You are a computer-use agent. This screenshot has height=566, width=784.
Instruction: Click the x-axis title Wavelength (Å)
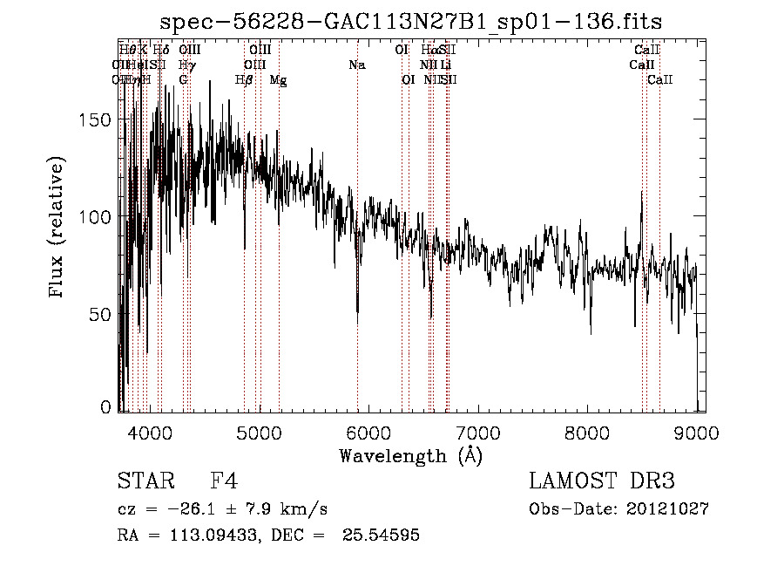(x=410, y=455)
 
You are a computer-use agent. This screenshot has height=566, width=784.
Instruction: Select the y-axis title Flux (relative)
(x=57, y=228)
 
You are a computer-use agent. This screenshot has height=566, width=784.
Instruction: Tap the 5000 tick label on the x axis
(x=259, y=431)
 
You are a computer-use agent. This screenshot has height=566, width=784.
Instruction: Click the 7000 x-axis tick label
(x=478, y=431)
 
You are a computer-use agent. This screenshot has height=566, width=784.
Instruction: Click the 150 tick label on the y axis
(x=98, y=119)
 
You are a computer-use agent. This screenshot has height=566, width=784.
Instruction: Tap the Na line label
(x=356, y=65)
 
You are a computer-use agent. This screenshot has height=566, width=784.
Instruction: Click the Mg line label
(x=278, y=80)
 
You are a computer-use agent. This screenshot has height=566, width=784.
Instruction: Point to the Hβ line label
(x=244, y=80)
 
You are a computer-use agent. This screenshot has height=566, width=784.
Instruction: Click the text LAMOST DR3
(x=601, y=481)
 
